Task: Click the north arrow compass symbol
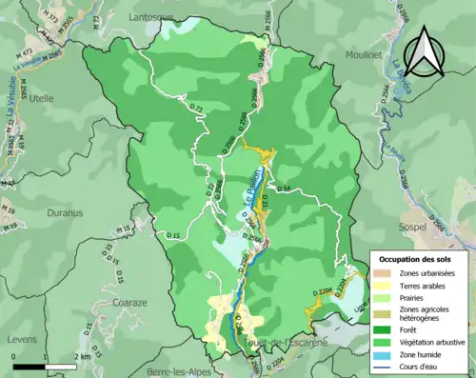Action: click(424, 51)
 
